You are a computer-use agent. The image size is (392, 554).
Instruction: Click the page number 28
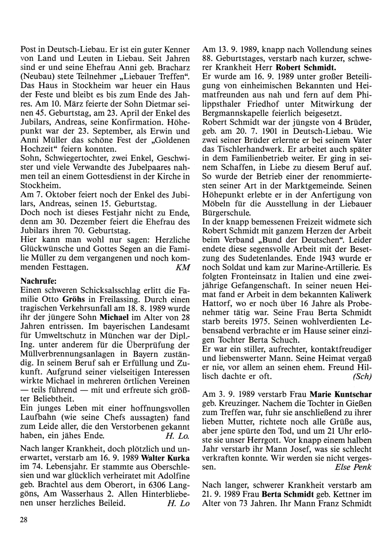23,520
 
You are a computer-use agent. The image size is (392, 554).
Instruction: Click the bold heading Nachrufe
38,281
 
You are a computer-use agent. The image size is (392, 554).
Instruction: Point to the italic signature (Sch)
362,376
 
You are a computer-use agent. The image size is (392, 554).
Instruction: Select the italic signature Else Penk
353,467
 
